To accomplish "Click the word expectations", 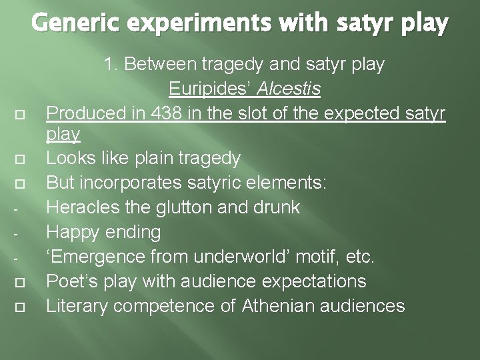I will [x=311, y=281].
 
